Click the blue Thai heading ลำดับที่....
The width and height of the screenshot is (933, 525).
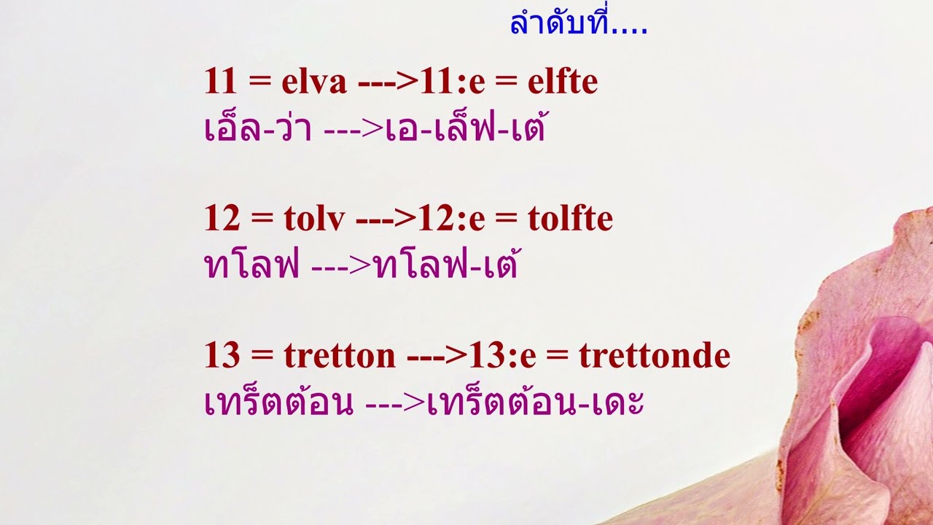(578, 25)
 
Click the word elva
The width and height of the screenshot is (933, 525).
(314, 82)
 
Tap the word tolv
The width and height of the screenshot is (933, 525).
(314, 219)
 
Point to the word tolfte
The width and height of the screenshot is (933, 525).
(570, 219)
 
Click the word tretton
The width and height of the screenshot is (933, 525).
(340, 356)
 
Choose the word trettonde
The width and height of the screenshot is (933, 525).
(655, 356)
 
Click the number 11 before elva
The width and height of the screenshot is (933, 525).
(221, 82)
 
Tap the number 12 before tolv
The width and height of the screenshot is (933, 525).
(221, 219)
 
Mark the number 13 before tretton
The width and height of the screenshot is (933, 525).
(222, 356)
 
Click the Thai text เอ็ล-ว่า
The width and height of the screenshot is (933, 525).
(258, 128)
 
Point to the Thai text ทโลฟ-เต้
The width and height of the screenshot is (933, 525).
(446, 265)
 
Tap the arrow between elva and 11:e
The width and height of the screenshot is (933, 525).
(388, 82)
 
